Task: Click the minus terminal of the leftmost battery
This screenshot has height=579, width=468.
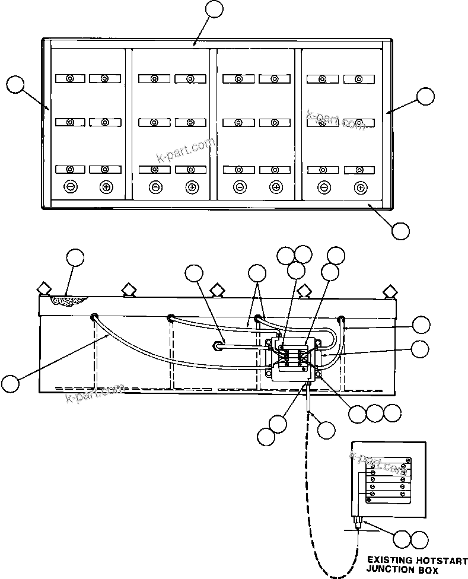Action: click(x=70, y=187)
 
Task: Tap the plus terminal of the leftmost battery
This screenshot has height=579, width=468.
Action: click(x=106, y=187)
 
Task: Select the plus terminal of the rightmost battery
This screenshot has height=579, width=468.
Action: click(x=359, y=187)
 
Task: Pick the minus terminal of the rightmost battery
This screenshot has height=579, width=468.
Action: click(x=324, y=187)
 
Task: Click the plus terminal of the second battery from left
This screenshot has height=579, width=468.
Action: click(x=191, y=187)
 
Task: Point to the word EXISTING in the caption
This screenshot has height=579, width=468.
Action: click(x=387, y=560)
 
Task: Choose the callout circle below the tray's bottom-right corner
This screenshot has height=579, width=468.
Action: click(x=401, y=230)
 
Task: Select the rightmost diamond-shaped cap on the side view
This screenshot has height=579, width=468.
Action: click(x=390, y=291)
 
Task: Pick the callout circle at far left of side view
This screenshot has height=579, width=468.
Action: click(x=10, y=383)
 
